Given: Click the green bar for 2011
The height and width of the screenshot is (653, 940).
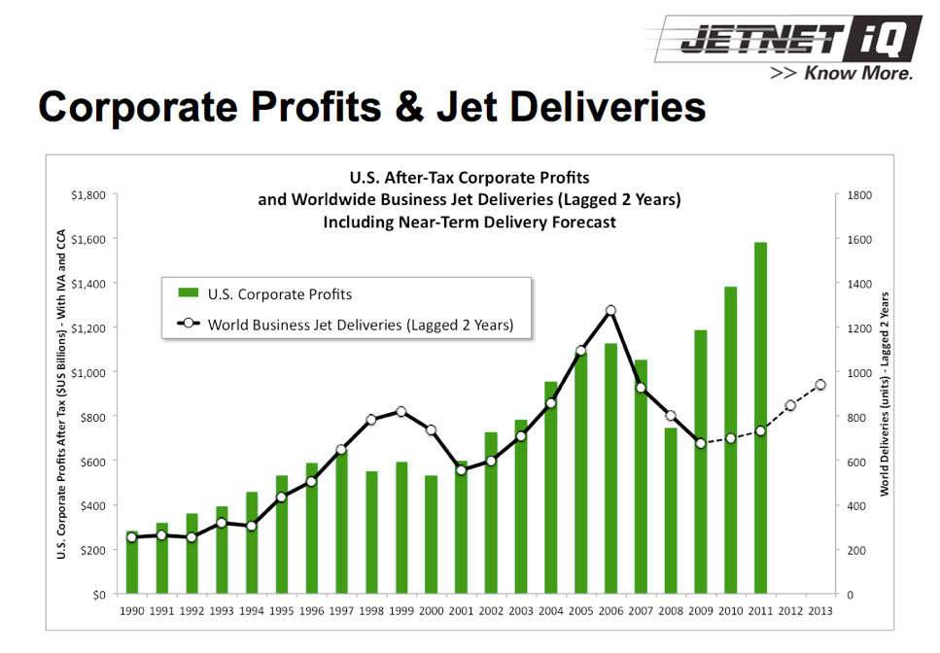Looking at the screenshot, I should point(760,418).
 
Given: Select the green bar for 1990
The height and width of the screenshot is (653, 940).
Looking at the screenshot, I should point(132,564).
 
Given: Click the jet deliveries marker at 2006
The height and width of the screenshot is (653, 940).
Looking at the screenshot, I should point(610,311).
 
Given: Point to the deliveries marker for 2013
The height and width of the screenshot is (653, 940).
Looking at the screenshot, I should point(820,385).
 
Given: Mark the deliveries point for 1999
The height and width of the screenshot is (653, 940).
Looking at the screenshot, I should point(400,411).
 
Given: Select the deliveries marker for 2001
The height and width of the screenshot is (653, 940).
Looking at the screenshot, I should point(461,470).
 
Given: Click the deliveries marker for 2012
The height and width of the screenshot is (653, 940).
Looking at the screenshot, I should point(790,405).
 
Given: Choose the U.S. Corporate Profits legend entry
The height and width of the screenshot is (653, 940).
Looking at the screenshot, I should point(265,293).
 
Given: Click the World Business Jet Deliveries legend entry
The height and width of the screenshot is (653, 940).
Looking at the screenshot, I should point(345,325).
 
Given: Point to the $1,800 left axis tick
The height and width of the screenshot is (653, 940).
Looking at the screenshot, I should point(88,195).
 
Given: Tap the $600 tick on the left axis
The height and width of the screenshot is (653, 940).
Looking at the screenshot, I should point(93,462).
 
